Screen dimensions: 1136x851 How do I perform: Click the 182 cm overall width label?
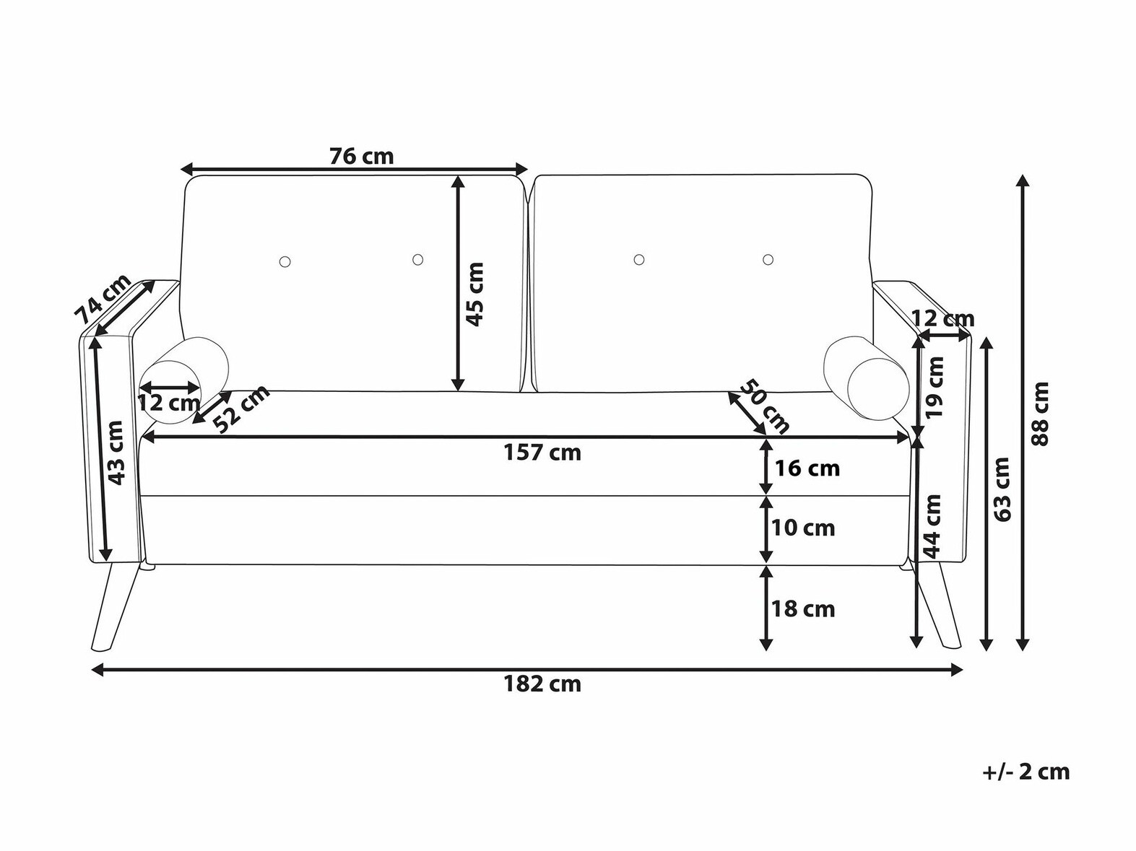[542, 685]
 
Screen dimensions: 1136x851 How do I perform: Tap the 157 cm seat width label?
[542, 453]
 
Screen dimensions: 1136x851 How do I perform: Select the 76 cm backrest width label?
[362, 156]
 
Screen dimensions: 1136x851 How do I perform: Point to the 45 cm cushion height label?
[474, 294]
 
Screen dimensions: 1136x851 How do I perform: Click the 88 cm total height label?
[1040, 414]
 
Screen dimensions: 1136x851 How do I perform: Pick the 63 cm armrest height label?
[1002, 489]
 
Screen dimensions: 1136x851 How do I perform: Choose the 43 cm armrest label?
[118, 453]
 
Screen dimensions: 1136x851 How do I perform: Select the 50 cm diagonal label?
[766, 407]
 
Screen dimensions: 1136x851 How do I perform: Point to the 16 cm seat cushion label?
[807, 468]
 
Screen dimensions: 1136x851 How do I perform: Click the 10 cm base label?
[803, 528]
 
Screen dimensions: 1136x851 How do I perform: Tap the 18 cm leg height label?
[803, 609]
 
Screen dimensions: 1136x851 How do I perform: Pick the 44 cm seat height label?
[932, 526]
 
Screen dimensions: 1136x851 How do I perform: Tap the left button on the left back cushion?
[285, 261]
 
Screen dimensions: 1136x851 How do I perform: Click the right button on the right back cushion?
[768, 259]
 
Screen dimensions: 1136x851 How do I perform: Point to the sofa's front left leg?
[117, 608]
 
